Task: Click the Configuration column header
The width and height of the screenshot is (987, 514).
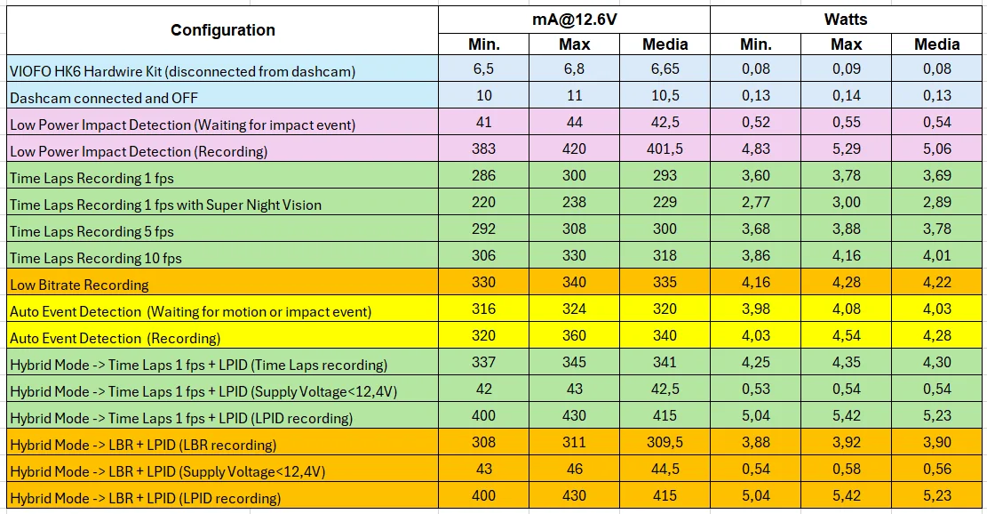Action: [x=223, y=30]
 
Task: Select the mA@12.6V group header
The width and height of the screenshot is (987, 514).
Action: [x=574, y=20]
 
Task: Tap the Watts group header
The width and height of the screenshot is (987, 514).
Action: [x=846, y=20]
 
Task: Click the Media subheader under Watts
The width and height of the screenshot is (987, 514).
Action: [x=936, y=44]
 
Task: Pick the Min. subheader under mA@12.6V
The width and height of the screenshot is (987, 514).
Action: [x=483, y=44]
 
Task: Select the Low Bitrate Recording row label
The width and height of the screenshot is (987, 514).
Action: [x=79, y=285]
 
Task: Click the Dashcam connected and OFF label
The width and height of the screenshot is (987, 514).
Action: [x=104, y=98]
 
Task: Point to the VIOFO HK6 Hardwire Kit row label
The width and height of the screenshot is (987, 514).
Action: [x=182, y=71]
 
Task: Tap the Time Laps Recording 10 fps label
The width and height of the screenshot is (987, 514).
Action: [x=96, y=258]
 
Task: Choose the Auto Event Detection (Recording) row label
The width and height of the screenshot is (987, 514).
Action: [x=115, y=338]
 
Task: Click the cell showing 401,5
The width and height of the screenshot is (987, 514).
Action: [x=665, y=149]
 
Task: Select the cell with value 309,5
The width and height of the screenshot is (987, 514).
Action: [x=665, y=442]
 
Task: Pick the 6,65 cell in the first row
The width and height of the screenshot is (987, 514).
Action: [x=665, y=68]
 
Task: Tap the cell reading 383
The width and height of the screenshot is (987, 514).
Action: [x=483, y=149]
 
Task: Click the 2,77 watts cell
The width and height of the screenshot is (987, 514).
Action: [x=755, y=202]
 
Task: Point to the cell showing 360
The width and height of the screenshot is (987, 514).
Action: [x=574, y=336]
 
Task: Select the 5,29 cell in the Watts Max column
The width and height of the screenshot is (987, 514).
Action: [x=846, y=149]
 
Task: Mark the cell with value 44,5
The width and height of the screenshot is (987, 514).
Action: [x=665, y=470]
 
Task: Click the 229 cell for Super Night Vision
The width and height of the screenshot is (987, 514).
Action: [x=665, y=202]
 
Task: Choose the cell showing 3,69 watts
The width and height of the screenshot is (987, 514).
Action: [x=936, y=176]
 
